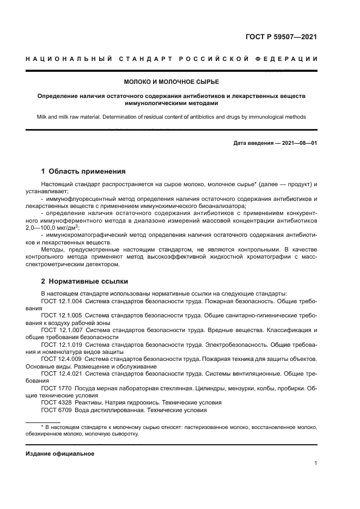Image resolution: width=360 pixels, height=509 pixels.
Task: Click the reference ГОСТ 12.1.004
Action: coord(62,301)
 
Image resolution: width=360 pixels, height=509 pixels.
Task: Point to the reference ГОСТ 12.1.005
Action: coord(62,315)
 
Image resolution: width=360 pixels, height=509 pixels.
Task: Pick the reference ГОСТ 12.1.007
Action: coord(62,330)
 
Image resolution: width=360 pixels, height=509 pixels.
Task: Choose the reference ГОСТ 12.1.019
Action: coord(62,345)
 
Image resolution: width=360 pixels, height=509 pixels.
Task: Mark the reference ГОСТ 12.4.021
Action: coord(62,373)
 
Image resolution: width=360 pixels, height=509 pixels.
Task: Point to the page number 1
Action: coord(316,463)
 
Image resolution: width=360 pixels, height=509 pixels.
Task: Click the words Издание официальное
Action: coord(60,453)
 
